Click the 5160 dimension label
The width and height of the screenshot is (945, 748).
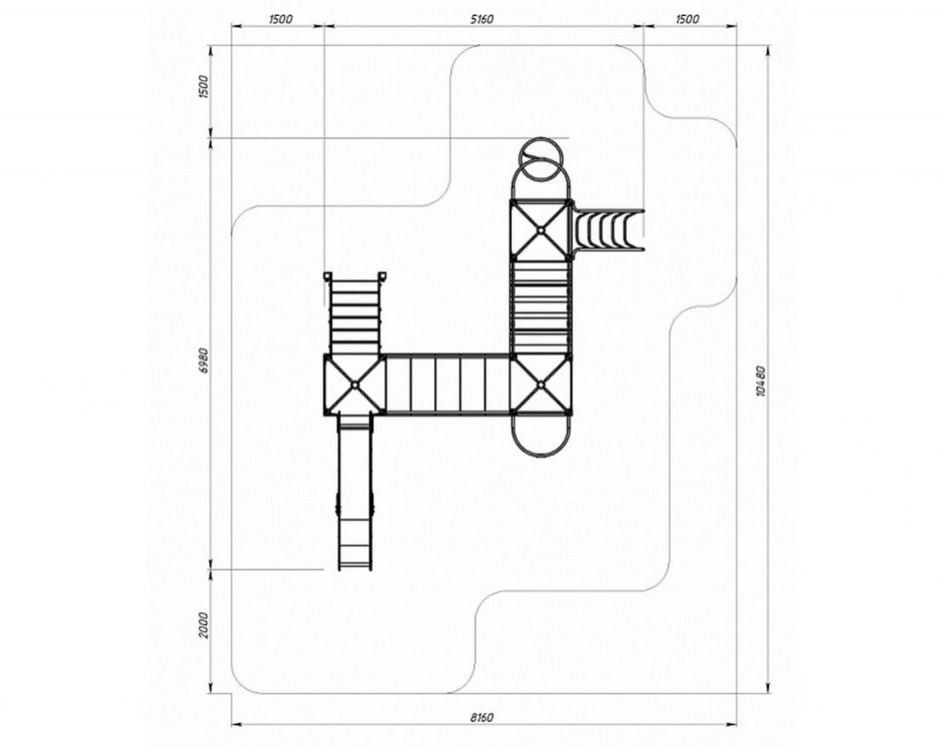pos(481,20)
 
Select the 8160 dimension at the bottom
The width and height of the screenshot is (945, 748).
pos(481,717)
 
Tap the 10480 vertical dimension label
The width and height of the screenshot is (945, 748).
pos(760,381)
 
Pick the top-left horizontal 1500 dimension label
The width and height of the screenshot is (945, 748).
pos(280,20)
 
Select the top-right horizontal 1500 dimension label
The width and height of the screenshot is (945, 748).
pos(687,20)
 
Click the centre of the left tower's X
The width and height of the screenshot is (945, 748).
pos(355,384)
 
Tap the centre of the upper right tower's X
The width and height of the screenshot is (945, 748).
pos(541,229)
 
